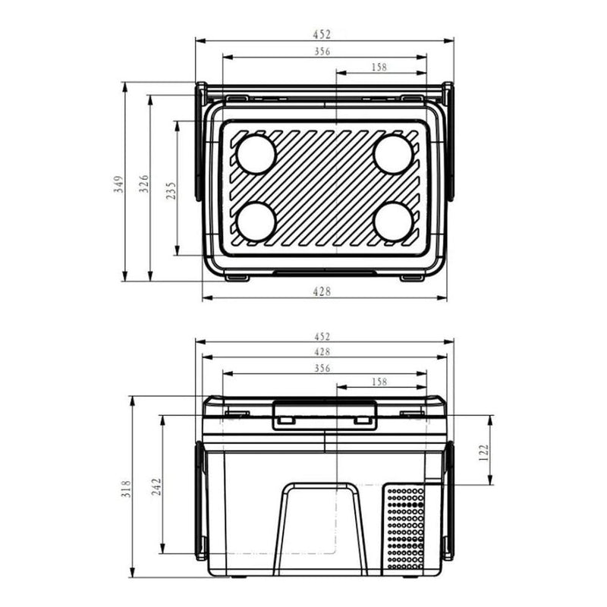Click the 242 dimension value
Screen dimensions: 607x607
(156, 486)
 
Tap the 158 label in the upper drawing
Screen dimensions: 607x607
(379, 68)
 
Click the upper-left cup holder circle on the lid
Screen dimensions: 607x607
(255, 154)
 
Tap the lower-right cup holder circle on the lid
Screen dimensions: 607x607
(393, 222)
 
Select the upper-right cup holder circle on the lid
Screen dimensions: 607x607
(393, 154)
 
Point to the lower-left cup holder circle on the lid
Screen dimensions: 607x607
(255, 222)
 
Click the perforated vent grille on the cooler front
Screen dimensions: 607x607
(406, 527)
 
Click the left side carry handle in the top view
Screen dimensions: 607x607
(201, 144)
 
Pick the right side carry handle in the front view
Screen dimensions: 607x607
(448, 501)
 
